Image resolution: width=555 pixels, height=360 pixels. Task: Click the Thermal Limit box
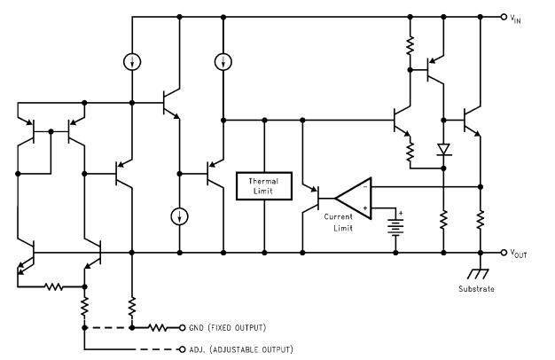(x=264, y=185)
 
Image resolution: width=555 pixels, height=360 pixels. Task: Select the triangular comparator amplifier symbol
(x=353, y=197)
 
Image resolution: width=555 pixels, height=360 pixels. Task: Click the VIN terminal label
(x=524, y=17)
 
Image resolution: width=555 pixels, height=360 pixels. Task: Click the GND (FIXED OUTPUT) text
(x=227, y=327)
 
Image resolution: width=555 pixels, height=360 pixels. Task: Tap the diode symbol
(x=442, y=149)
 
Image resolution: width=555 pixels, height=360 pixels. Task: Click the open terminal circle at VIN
(x=504, y=16)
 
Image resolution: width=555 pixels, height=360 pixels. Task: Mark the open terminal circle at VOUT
(x=504, y=253)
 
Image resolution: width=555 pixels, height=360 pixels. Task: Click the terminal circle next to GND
(x=183, y=327)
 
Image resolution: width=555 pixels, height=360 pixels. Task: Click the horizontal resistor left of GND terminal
(x=156, y=327)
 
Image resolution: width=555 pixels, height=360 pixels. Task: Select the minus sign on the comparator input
(x=364, y=188)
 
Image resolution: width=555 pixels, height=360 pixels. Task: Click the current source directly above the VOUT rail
(x=178, y=216)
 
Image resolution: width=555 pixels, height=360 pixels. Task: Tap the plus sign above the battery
(x=401, y=213)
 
